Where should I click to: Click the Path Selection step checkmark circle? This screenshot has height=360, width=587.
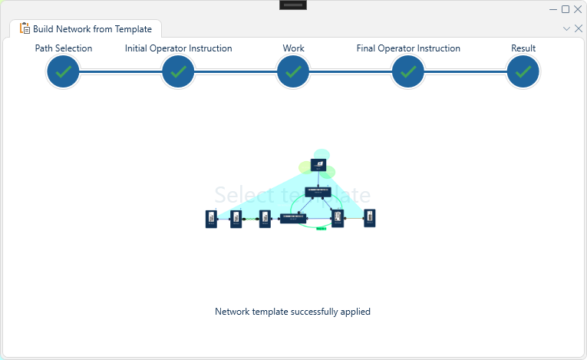coord(64,72)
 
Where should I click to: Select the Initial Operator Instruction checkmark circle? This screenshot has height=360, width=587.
coord(178,72)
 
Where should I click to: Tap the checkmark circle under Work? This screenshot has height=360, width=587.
coord(293,72)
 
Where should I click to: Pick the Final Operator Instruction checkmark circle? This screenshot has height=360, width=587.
coord(408,72)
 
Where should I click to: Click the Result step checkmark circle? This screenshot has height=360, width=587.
coord(523,72)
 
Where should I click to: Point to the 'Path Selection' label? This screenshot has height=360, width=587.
coord(64,48)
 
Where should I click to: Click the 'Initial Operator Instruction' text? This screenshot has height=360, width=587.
coord(178,48)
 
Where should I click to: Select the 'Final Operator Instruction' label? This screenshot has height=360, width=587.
coord(408,48)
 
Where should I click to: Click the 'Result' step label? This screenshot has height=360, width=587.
coord(523,48)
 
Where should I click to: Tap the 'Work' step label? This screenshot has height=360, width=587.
coord(293,48)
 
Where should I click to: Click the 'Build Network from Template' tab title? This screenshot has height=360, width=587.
coord(92,29)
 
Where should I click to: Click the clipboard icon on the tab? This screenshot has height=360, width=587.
coord(25,29)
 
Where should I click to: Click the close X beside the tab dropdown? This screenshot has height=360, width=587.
coord(578,28)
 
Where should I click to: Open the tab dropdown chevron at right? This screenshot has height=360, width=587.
coord(566,28)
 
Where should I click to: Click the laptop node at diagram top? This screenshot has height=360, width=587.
coord(318,165)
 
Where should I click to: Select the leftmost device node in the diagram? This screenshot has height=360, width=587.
coord(211,219)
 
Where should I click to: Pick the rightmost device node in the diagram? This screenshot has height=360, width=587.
coord(369,218)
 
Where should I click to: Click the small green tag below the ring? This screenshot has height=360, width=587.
coord(321,228)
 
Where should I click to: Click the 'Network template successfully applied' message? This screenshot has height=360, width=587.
coord(293,312)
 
